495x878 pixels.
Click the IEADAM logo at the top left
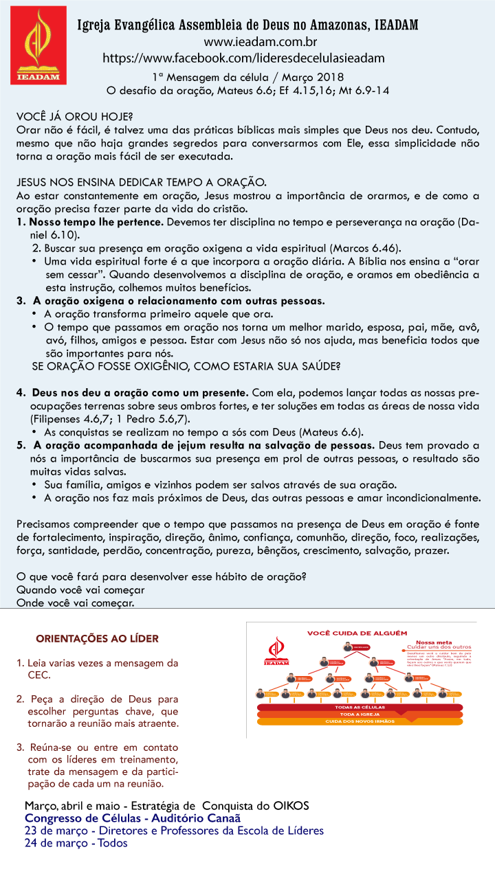38,45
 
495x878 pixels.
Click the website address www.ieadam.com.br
243,43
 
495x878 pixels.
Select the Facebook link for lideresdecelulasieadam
243,58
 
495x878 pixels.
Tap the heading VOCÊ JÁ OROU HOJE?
75,116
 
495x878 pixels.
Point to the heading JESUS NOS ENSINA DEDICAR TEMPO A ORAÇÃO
141,182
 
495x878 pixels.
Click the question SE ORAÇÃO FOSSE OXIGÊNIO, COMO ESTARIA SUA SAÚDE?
186,366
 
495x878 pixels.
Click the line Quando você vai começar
80,589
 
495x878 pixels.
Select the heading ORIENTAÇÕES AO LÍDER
97,638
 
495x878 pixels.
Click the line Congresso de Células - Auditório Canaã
133,819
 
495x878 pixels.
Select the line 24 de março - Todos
76,843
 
